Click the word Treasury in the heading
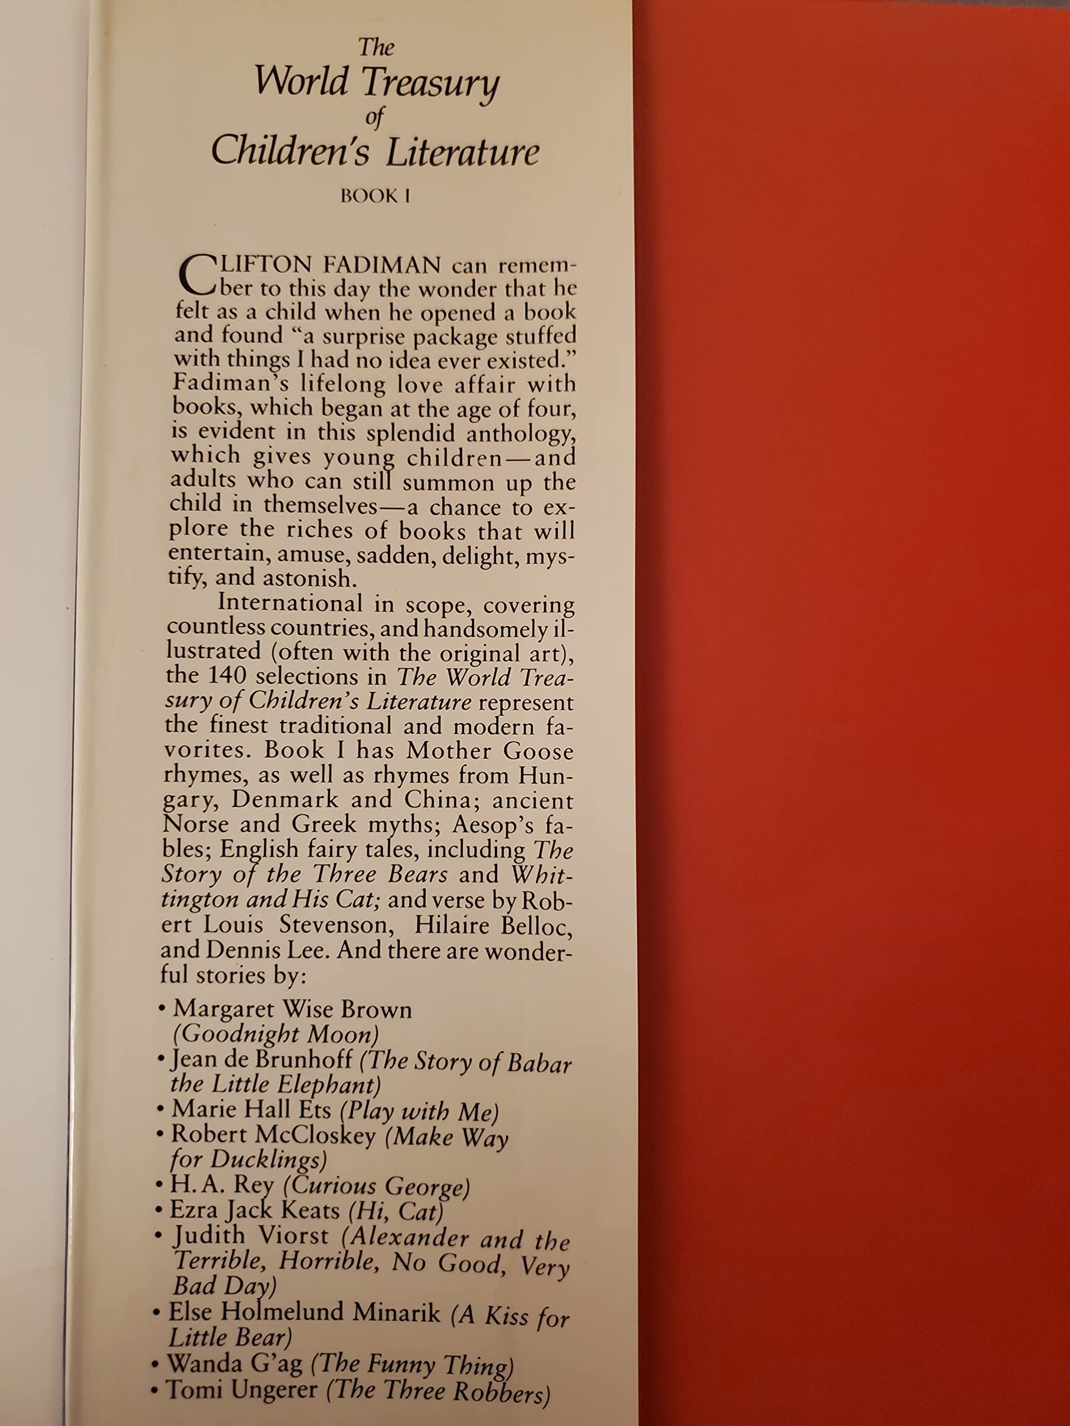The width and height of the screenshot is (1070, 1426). click(x=430, y=84)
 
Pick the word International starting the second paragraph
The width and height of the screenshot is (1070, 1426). click(x=290, y=603)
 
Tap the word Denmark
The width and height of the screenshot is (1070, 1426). click(x=284, y=799)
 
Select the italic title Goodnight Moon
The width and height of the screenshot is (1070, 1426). click(x=275, y=1034)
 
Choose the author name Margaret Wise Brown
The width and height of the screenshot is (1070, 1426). click(x=292, y=1009)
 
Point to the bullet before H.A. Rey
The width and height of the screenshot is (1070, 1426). click(x=159, y=1185)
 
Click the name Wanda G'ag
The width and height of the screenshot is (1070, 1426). click(x=235, y=1364)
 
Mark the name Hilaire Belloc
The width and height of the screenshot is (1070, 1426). click(x=493, y=925)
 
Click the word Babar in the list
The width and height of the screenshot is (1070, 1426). click(x=539, y=1063)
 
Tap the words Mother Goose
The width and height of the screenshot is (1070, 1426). click(x=490, y=750)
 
